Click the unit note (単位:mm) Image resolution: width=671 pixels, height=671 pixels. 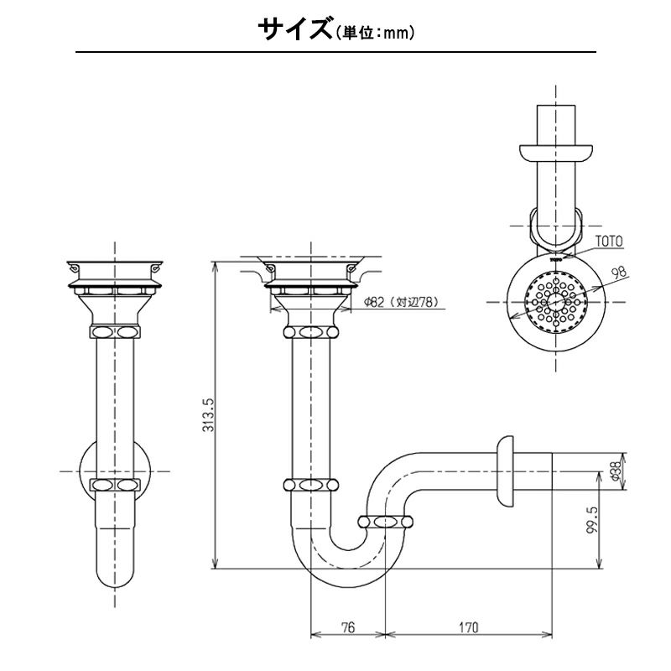[x=377, y=34]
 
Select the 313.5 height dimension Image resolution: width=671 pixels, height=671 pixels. [x=210, y=415]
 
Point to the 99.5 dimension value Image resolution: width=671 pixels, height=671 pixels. [x=594, y=527]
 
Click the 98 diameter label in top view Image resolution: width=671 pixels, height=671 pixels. [x=619, y=273]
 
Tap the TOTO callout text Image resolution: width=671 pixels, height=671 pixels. [x=609, y=241]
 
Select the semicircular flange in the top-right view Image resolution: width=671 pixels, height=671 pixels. [x=555, y=153]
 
